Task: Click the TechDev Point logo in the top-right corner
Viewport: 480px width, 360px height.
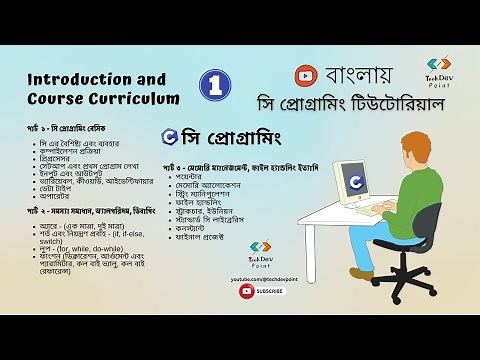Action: (x=439, y=71)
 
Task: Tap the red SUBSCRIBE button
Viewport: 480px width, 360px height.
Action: (x=263, y=291)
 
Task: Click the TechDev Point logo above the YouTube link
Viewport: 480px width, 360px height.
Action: (x=263, y=261)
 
